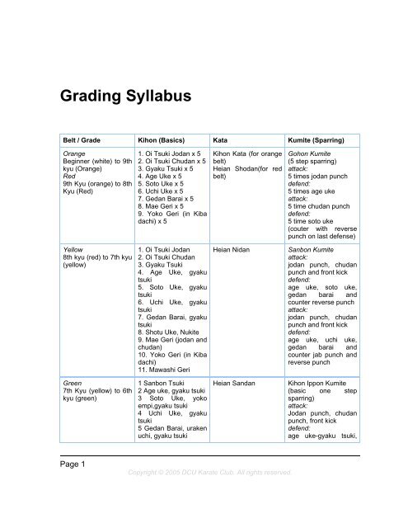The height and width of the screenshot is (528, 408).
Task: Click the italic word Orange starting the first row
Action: click(x=64, y=153)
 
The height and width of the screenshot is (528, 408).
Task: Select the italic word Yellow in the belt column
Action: click(x=63, y=246)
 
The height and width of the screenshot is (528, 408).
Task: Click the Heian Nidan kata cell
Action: click(x=233, y=246)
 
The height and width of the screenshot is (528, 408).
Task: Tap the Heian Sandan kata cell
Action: click(x=235, y=384)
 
